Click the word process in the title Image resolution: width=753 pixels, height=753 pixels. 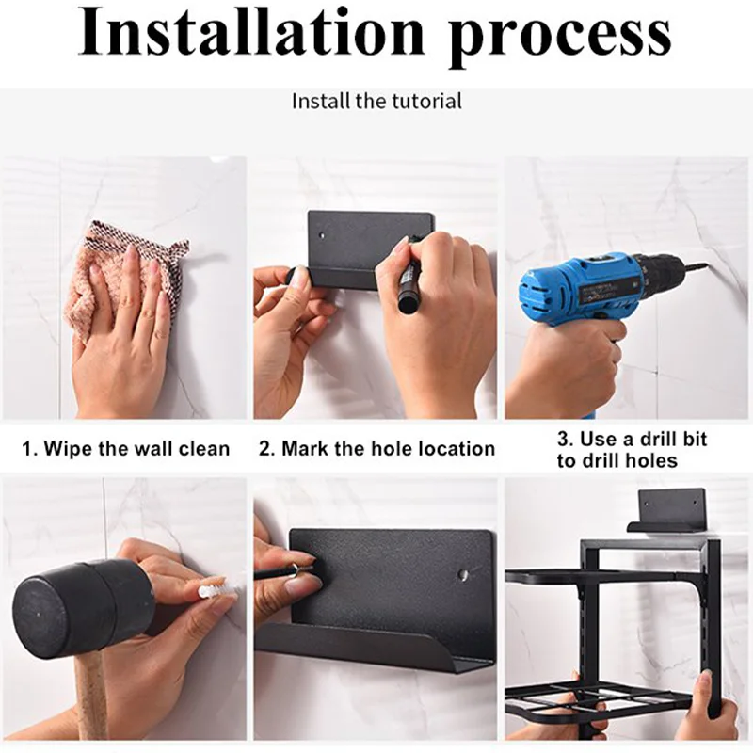click(560, 38)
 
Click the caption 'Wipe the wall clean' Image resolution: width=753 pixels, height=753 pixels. click(136, 449)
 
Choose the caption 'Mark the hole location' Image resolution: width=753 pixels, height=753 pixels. click(388, 449)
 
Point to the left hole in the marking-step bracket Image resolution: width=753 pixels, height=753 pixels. click(322, 236)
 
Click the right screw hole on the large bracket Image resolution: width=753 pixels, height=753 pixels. click(464, 573)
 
